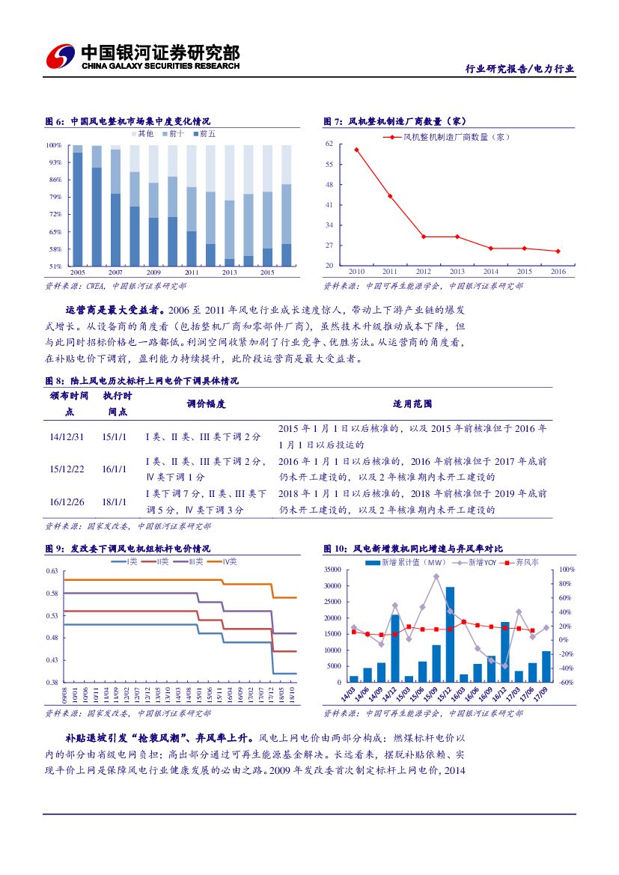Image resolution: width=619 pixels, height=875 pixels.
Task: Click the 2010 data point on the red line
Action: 356,150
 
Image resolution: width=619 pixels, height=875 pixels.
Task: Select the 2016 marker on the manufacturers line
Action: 558,251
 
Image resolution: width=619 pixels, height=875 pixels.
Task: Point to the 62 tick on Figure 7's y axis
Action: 329,144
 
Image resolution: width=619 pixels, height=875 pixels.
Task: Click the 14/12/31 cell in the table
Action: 67,436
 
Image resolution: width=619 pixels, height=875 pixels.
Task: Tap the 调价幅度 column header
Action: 206,404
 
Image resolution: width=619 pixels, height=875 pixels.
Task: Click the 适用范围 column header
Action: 412,404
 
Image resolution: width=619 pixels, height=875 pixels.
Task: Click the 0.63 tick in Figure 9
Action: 52,571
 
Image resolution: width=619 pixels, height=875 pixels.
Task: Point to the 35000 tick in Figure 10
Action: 332,570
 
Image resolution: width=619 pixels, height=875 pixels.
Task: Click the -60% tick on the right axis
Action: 566,683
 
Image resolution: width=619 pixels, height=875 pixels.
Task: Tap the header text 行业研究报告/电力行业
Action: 520,69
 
